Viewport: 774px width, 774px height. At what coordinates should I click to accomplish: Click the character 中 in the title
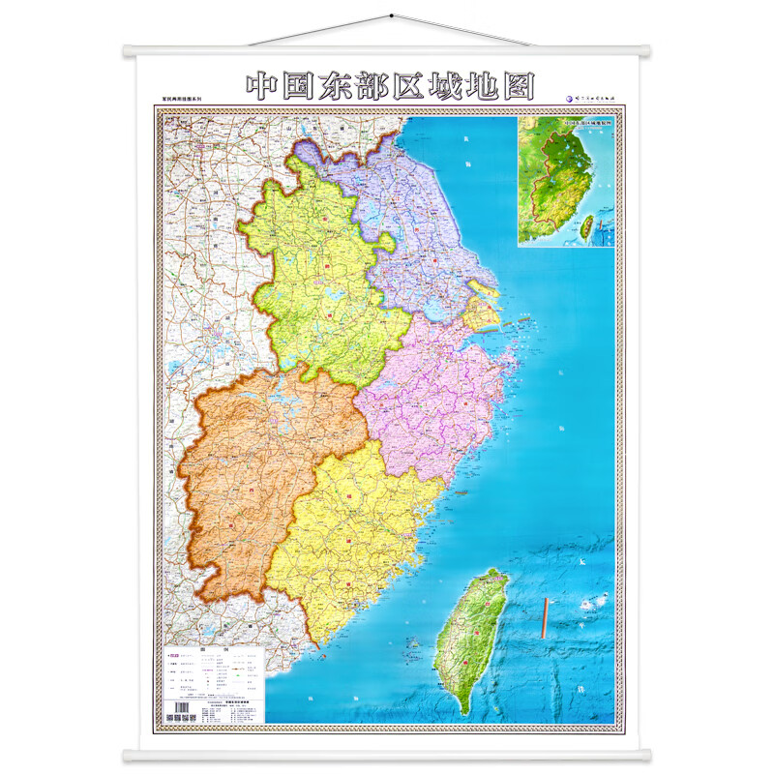click(262, 86)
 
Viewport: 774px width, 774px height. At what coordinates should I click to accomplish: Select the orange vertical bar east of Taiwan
click(545, 616)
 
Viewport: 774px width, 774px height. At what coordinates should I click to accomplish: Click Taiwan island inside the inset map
click(585, 225)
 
